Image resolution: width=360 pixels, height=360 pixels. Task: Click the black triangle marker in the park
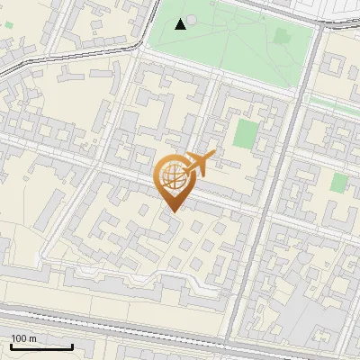(181, 23)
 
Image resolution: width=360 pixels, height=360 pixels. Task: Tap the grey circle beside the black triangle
(192, 19)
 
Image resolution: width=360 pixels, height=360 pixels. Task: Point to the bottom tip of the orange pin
(172, 211)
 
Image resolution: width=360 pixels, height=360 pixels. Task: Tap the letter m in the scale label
(32, 338)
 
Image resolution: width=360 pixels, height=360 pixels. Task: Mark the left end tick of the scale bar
(11, 346)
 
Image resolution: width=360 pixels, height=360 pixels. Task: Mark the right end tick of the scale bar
(72, 346)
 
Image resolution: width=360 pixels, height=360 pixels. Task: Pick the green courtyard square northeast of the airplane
(245, 134)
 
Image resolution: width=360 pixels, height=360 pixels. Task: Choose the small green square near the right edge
(338, 183)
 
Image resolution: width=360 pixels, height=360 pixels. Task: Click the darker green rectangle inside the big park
(283, 37)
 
